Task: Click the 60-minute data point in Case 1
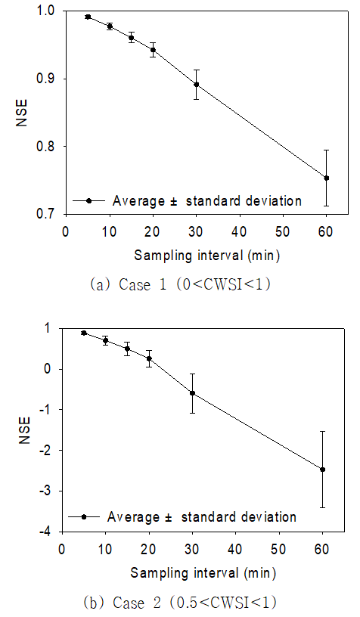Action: tap(326, 178)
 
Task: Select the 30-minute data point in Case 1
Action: tap(197, 84)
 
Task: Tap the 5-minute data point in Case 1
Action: tap(88, 17)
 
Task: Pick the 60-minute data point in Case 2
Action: tap(323, 470)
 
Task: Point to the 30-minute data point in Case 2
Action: tap(192, 393)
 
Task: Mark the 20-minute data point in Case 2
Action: tap(149, 358)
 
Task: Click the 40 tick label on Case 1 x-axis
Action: tap(240, 232)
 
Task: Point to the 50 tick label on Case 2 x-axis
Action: tap(279, 549)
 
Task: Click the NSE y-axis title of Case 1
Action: tap(22, 113)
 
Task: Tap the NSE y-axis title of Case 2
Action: tap(24, 430)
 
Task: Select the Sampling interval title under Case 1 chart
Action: tap(207, 256)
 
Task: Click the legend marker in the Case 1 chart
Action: tap(89, 200)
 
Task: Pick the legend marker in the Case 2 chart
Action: tap(84, 517)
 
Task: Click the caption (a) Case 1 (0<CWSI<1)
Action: tap(181, 284)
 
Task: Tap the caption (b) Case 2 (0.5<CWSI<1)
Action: tap(180, 602)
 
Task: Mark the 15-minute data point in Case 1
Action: tap(132, 38)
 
